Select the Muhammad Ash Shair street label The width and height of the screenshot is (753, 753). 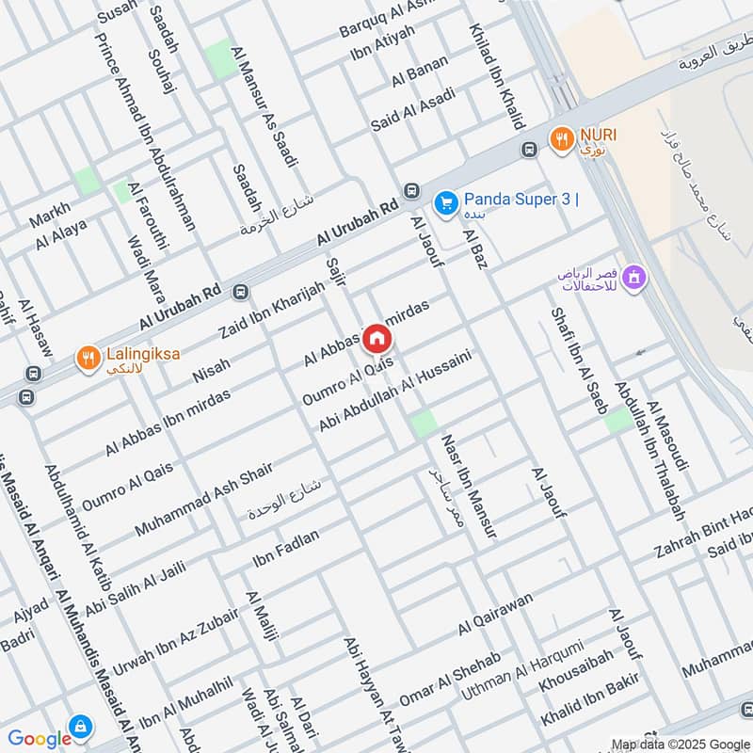pyautogui.click(x=203, y=500)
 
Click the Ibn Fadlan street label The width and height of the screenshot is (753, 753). pyautogui.click(x=286, y=549)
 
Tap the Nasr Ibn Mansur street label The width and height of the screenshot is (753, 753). pyautogui.click(x=468, y=486)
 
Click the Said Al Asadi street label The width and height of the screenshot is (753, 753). pyautogui.click(x=412, y=109)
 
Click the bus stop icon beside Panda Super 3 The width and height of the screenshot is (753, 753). pyautogui.click(x=411, y=191)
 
